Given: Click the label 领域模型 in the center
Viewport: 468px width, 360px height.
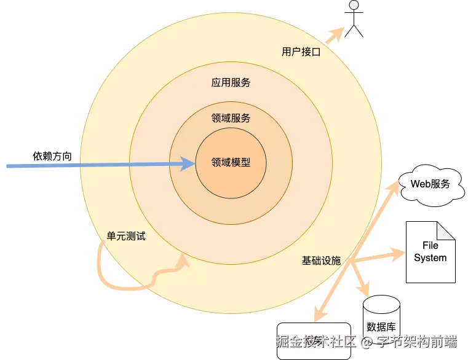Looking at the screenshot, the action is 231,163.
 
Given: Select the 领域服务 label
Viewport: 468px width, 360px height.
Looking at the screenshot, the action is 231,119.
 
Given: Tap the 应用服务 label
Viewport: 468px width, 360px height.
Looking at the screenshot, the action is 231,83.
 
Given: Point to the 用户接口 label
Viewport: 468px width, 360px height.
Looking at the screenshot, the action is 301,52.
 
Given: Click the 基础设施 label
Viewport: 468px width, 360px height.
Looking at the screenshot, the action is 320,260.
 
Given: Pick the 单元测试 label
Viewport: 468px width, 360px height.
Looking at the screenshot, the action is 126,236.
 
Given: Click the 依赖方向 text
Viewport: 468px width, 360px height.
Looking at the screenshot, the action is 52,156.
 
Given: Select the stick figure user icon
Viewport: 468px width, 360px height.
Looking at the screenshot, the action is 353,19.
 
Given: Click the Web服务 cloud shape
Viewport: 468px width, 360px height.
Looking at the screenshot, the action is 430,184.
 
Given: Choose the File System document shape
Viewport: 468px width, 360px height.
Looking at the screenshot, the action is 430,252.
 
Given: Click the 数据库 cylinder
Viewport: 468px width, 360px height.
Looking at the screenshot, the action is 381,316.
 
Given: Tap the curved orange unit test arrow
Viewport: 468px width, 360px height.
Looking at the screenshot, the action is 123,280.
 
